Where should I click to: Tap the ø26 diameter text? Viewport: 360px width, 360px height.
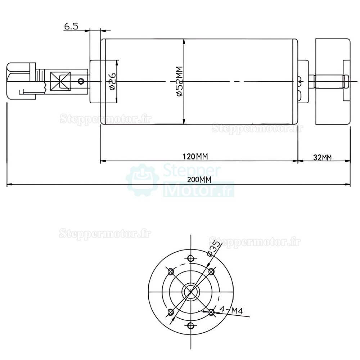(112, 81)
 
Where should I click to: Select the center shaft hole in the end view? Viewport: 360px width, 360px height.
(191, 292)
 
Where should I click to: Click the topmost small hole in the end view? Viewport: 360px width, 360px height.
(191, 258)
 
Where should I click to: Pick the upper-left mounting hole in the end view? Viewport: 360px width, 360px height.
(171, 271)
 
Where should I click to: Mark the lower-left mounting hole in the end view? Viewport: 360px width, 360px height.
(171, 312)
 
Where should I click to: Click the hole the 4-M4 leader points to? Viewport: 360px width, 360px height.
(211, 312)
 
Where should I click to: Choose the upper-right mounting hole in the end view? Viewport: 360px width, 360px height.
(211, 271)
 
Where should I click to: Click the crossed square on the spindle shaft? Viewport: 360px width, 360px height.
(60, 81)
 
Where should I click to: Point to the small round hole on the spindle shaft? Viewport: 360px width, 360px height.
(82, 81)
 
